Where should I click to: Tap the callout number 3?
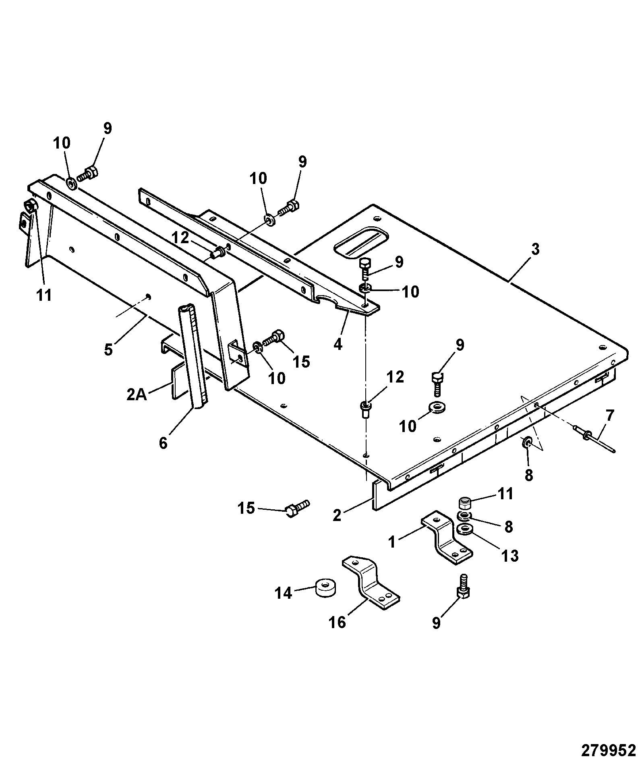[x=534, y=249]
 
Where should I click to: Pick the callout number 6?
[x=163, y=443]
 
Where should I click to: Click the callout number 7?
[x=610, y=415]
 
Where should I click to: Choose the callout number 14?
[x=284, y=593]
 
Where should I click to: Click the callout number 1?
[x=392, y=542]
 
